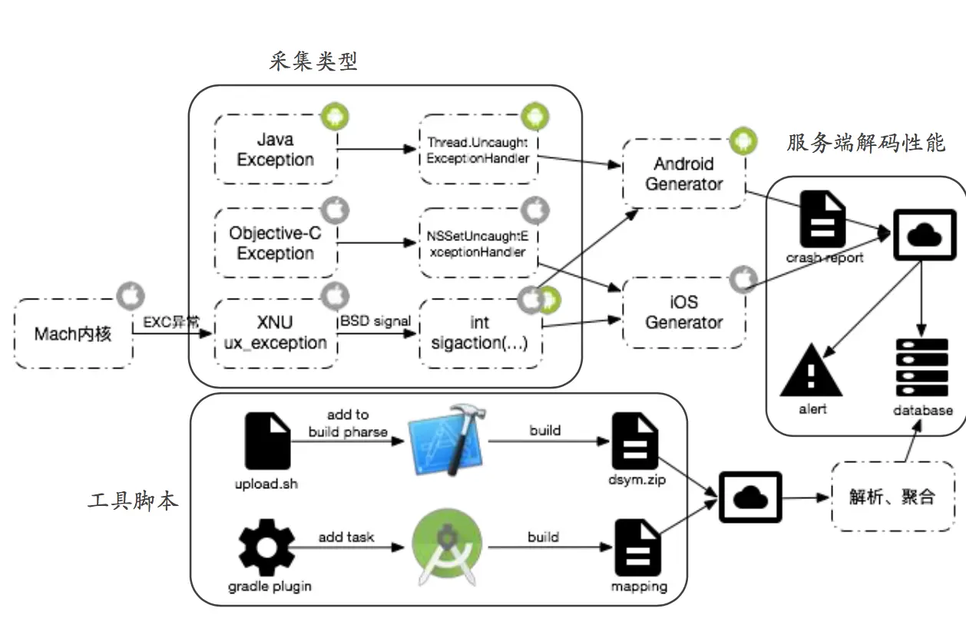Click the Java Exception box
coord(276,150)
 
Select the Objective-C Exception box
coord(276,243)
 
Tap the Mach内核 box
coord(73,333)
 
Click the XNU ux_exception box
coord(276,332)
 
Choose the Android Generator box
coord(683,174)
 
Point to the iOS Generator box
coord(683,312)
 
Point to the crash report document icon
coord(823,220)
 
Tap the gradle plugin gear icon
coord(266,547)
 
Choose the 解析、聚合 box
coord(892,496)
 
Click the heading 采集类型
coord(313,61)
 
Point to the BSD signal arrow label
coord(376,321)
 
